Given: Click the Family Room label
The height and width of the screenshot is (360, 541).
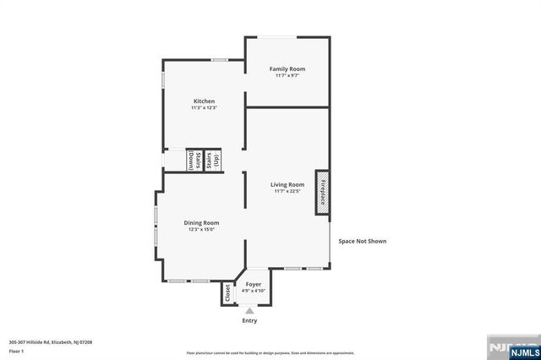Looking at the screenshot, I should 287,68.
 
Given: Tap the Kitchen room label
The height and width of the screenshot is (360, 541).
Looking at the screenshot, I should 204,101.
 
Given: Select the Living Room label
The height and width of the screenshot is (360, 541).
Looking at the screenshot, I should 287,184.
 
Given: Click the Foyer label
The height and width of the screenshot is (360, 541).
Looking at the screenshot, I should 254,284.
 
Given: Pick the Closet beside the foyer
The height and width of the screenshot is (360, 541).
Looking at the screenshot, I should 227,292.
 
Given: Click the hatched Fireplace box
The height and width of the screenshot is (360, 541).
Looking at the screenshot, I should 322,191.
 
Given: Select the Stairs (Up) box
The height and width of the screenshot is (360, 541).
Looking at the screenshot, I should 212,161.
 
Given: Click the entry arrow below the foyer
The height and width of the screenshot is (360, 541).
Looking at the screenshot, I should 249,310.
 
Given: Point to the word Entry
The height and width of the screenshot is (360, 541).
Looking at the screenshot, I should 249,321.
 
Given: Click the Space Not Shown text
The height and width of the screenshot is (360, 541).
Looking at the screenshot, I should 363,241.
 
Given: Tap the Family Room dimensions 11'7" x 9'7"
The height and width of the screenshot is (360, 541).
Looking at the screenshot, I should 287,75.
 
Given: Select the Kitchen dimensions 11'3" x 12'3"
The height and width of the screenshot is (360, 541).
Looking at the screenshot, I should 204,107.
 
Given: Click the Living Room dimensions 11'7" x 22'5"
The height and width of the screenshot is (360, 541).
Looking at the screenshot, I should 287,191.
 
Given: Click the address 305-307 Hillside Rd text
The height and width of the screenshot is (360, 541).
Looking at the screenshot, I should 51,341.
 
